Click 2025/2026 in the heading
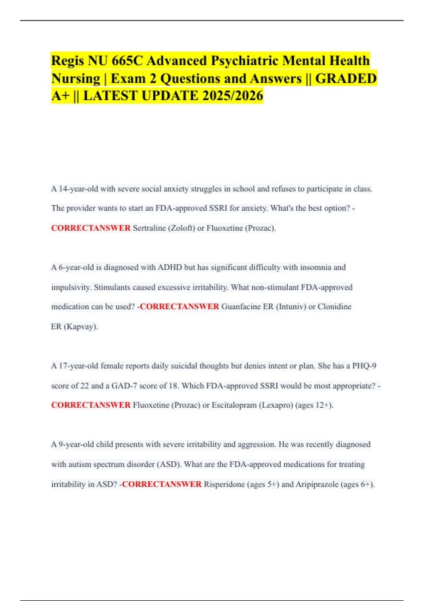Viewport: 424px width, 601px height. click(233, 96)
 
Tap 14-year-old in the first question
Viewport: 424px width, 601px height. click(78, 189)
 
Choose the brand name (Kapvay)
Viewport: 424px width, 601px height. click(81, 326)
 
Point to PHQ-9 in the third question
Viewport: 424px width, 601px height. click(364, 366)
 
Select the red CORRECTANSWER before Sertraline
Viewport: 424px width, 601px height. click(91, 228)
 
